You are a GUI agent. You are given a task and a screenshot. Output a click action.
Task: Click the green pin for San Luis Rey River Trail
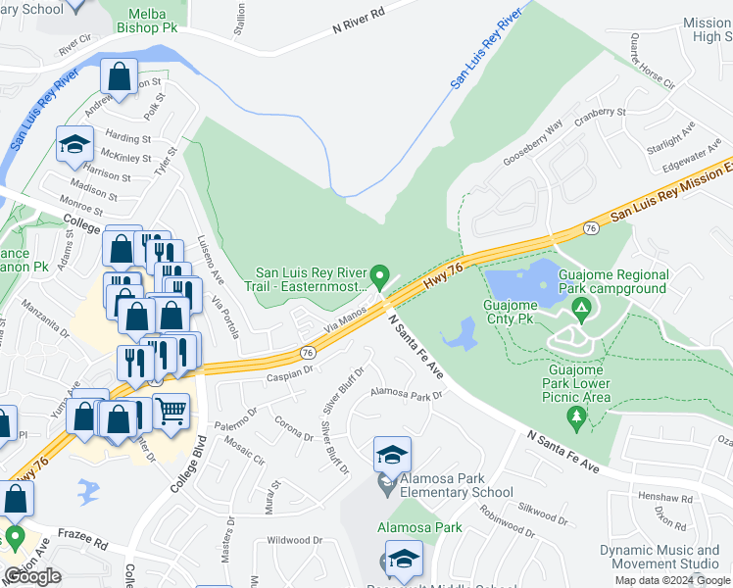point(381,277)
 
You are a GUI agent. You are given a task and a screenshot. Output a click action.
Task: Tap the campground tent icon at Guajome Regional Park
point(581,312)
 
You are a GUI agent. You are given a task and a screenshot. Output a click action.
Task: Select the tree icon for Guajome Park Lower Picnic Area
point(576,418)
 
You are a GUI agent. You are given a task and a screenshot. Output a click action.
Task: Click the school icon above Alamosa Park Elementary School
point(392,455)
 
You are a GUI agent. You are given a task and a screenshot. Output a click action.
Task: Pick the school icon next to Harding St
point(73,144)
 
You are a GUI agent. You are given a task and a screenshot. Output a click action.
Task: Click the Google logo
point(32,576)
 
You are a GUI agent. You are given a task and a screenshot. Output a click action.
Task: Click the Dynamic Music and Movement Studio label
point(659,557)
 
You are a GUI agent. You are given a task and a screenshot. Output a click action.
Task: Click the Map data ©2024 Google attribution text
point(672,580)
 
